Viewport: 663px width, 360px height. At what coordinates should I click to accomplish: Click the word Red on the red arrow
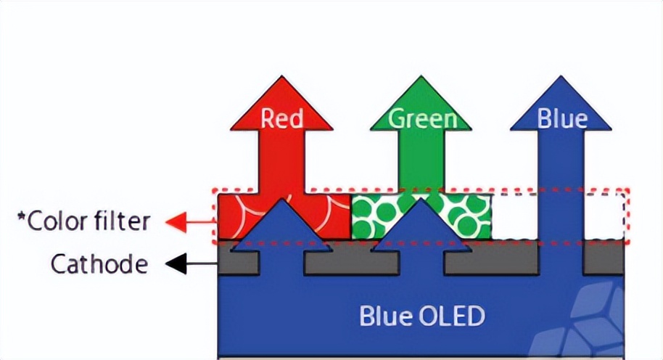point(281,118)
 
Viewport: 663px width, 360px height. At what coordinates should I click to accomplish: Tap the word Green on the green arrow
point(423,118)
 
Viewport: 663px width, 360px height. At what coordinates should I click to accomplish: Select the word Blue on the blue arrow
point(562,118)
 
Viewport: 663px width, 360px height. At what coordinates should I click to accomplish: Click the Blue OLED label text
point(422,316)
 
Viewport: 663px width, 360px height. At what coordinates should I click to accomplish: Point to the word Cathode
point(99,264)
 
